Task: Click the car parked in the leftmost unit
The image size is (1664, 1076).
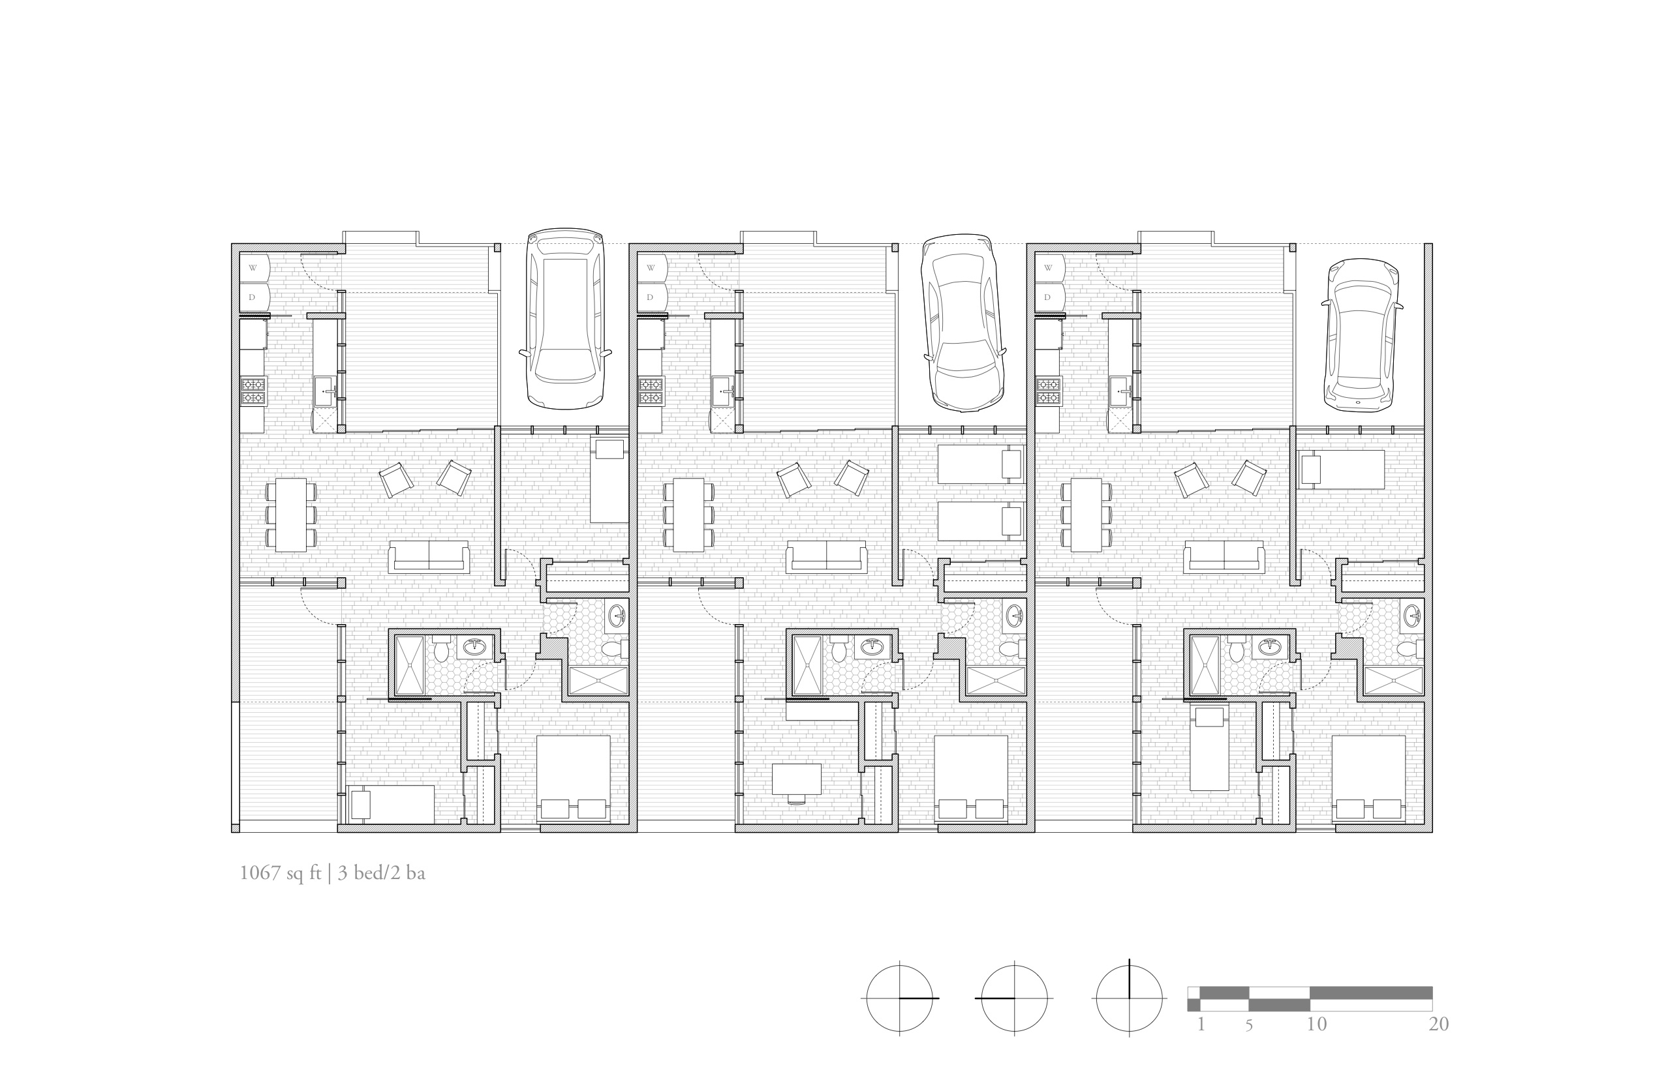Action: [x=565, y=319]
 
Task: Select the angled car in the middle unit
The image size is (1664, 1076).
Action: [x=963, y=323]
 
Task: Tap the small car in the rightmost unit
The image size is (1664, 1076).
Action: [x=1361, y=335]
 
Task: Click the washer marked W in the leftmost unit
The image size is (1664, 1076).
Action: [x=254, y=267]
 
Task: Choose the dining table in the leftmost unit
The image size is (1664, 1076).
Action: [x=291, y=515]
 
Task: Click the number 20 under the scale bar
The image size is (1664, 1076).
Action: [x=1439, y=1025]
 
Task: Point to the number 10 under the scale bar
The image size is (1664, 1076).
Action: [x=1317, y=1025]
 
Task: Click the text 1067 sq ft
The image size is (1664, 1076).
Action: [x=281, y=873]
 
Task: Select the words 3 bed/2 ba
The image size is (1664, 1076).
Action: [x=382, y=873]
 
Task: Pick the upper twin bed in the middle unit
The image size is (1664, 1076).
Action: [x=980, y=463]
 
